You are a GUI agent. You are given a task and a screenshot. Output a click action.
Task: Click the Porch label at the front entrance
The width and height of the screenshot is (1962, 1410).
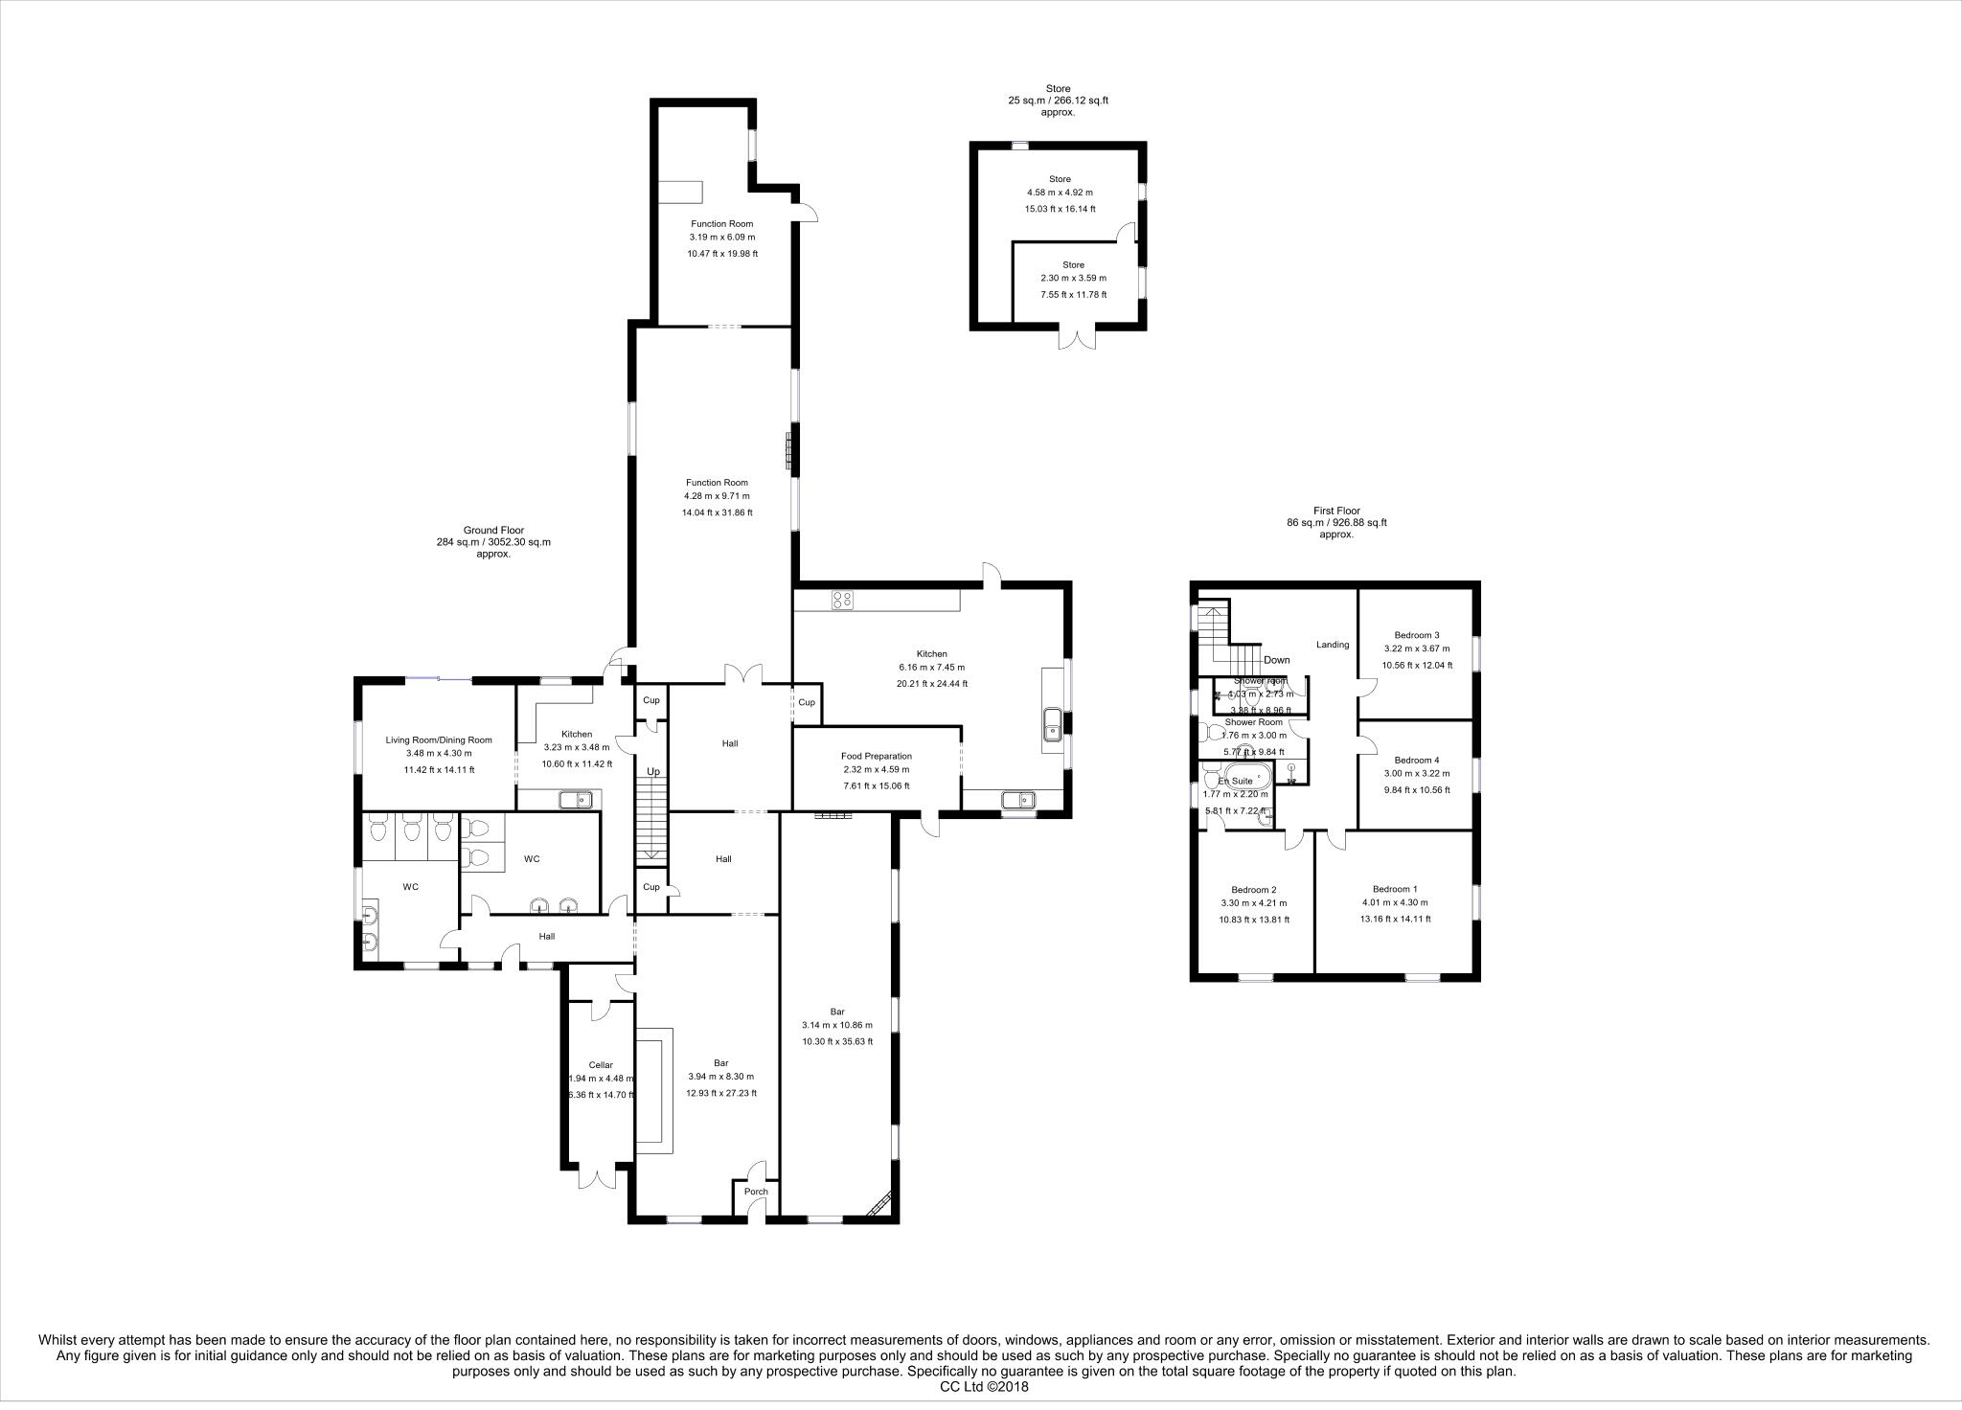point(756,1192)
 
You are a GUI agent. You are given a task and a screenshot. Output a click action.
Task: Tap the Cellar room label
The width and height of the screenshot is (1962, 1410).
point(601,1064)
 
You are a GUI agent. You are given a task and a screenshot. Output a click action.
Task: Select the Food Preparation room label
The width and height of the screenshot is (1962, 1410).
point(876,756)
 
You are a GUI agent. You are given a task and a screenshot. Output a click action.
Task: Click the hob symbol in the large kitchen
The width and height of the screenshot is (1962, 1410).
point(843,601)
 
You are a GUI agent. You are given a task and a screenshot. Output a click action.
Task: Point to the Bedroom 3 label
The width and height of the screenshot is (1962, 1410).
point(1416,635)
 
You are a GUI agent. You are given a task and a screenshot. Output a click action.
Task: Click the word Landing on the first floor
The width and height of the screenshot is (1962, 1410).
point(1333,645)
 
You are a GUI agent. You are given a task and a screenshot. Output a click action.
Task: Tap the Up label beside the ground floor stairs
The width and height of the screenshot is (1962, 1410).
point(653,771)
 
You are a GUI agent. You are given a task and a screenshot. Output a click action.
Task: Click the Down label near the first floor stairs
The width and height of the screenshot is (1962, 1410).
point(1277,660)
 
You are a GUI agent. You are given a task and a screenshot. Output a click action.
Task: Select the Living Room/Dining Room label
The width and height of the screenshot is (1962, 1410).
point(439,739)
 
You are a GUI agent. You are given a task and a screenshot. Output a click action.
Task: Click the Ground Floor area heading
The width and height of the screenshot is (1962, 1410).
point(493,530)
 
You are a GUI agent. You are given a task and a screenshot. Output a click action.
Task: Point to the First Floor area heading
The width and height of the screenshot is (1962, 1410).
point(1336,511)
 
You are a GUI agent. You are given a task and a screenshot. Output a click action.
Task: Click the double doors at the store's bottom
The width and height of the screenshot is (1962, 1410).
point(1077,338)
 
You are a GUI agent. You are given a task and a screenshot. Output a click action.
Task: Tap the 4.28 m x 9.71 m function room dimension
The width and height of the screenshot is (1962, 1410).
point(717,496)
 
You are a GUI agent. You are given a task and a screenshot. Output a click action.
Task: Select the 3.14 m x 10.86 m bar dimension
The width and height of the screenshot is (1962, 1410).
point(837,1025)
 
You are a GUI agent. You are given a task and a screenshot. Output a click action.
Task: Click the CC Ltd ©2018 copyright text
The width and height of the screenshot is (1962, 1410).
point(980,1385)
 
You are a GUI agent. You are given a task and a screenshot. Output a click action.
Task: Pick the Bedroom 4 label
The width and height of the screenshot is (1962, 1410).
point(1416,760)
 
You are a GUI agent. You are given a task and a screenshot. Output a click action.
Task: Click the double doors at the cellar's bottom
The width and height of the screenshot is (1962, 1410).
point(595,1176)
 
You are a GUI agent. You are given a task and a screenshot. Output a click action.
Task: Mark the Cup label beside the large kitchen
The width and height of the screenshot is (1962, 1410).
point(807,702)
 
